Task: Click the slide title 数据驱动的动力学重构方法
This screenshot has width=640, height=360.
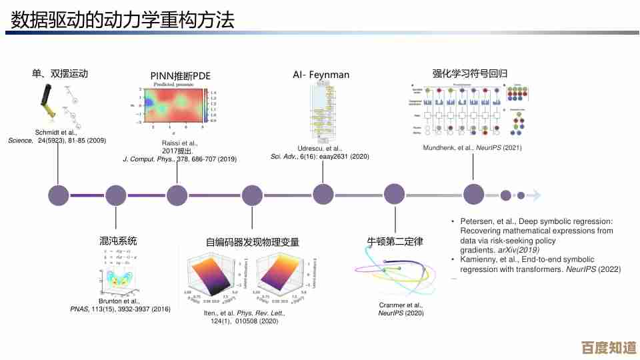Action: pos(123,20)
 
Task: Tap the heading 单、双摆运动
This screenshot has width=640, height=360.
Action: pos(61,73)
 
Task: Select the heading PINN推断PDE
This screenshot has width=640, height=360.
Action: pos(181,76)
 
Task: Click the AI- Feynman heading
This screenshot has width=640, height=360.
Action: pos(321,75)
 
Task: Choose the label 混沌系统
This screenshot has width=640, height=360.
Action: pos(118,241)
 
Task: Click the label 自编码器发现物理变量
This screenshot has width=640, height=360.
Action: pos(253,242)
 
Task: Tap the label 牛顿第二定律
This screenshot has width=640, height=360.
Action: pos(395,241)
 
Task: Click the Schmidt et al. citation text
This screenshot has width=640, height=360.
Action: pos(57,137)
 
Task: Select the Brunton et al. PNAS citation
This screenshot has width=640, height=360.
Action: pos(121,305)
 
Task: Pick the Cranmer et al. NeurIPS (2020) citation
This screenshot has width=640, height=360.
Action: pos(401,309)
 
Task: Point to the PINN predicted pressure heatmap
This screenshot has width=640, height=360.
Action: pos(177,105)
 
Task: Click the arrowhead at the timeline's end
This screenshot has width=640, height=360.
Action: pos(537,195)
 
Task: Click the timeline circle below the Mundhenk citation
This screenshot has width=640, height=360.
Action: pos(473,195)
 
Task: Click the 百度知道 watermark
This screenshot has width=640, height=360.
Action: pos(608,347)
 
